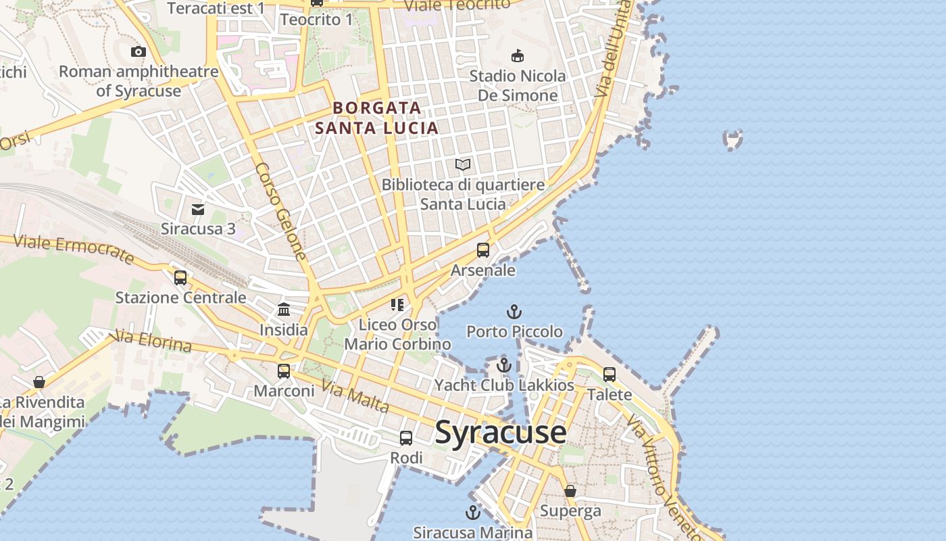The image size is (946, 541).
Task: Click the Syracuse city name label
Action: [500, 431]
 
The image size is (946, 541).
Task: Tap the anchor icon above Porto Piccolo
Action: [514, 312]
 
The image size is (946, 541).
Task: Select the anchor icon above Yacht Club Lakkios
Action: [503, 366]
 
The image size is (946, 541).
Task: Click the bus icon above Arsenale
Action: [483, 250]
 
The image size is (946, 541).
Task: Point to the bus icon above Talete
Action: [609, 375]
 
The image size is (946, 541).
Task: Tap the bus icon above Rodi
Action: [406, 438]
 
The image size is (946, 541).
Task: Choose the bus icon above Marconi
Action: [284, 371]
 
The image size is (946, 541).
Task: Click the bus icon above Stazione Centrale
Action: [180, 278]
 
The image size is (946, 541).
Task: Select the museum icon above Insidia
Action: [284, 310]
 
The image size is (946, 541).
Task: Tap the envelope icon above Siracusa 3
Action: [198, 210]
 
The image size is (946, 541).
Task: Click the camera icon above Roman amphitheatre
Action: [139, 52]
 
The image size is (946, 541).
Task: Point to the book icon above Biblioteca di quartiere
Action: [463, 164]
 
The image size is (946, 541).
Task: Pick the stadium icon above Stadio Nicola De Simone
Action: [518, 56]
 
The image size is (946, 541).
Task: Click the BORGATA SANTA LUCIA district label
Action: [377, 118]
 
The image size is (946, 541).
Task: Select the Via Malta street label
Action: [356, 397]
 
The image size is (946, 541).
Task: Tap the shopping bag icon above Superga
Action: [570, 491]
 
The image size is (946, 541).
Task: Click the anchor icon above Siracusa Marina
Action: [473, 513]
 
